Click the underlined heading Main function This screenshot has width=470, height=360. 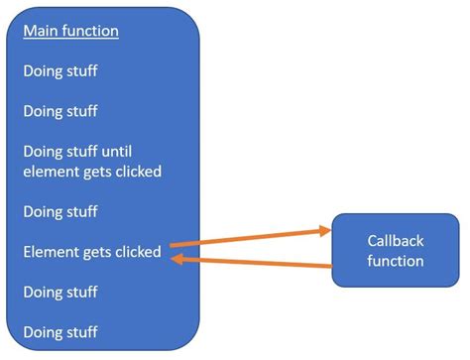pos(70,31)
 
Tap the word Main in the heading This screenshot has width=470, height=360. pos(40,31)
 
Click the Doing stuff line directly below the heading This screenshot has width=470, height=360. pos(60,71)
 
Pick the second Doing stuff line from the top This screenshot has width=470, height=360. pos(60,111)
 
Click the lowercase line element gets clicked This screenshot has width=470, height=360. pos(91,172)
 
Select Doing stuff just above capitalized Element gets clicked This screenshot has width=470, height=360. pos(60,211)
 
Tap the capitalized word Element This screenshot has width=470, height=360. pos(52,252)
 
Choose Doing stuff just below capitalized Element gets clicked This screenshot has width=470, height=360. pos(60,292)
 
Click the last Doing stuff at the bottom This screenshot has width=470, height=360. pos(60,331)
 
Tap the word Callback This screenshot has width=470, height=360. pos(396,241)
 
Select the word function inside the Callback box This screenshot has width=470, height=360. pos(396,261)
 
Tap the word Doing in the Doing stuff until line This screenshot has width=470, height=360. pos(43,152)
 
